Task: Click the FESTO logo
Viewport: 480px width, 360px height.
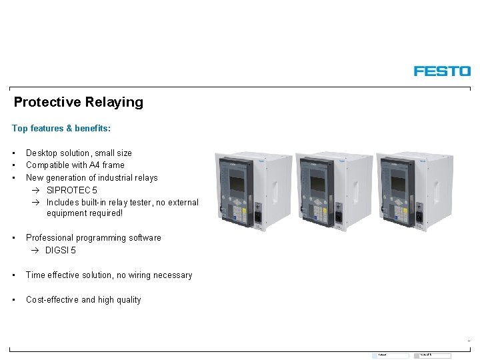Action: (x=442, y=71)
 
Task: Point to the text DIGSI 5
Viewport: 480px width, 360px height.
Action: (x=61, y=250)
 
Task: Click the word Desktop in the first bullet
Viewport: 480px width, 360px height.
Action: (x=42, y=153)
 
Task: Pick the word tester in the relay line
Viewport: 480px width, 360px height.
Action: (x=131, y=202)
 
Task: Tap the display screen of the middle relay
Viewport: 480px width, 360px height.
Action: (x=317, y=183)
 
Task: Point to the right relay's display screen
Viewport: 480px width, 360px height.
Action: (x=397, y=183)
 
